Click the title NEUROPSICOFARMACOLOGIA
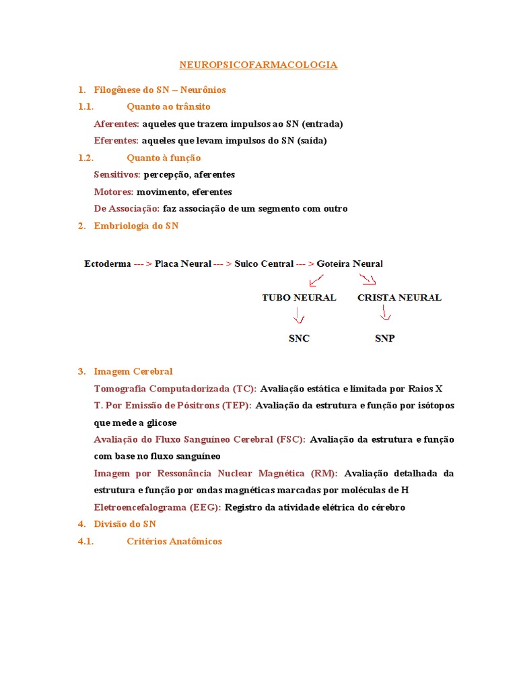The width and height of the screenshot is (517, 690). (258, 65)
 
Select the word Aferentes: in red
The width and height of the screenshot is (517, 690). (116, 124)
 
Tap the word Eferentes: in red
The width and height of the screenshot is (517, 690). (116, 141)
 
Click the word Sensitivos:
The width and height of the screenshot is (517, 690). (117, 175)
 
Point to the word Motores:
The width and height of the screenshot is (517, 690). (113, 191)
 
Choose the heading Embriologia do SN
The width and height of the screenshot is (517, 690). (136, 226)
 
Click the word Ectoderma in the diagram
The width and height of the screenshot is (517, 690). (108, 263)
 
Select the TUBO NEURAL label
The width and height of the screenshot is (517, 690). (299, 297)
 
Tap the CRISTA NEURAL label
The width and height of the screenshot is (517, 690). (399, 297)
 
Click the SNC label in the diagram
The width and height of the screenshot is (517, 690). (299, 338)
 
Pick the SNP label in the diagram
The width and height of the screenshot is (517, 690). (384, 338)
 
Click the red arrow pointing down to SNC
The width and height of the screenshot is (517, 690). (298, 316)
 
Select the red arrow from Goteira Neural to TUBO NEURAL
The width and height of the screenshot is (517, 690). (316, 280)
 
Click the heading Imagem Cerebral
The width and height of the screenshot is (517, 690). (133, 371)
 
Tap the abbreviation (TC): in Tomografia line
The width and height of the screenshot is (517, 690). (244, 389)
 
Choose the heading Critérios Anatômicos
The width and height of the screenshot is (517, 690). (174, 541)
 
